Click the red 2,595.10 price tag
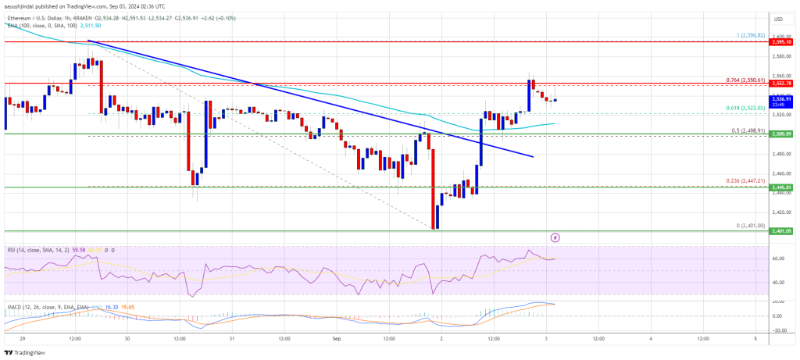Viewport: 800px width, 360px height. [x=782, y=42]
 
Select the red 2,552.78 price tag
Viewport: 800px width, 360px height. [x=782, y=83]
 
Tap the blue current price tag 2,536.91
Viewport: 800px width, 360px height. [x=782, y=99]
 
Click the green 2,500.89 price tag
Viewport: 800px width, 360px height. [x=782, y=134]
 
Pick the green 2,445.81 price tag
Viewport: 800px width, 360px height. [x=782, y=187]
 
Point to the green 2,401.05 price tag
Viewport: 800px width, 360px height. [x=782, y=231]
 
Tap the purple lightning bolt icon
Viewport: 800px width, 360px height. [x=555, y=236]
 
